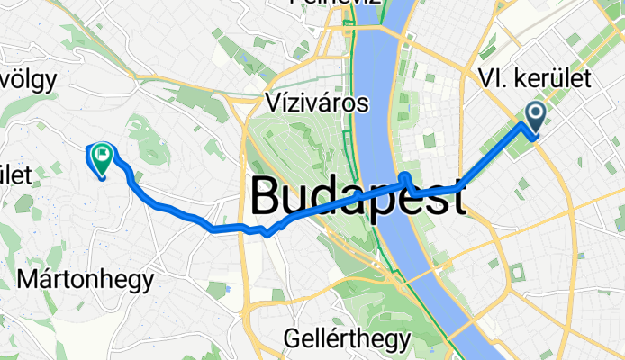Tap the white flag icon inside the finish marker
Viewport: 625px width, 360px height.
pos(102,155)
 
